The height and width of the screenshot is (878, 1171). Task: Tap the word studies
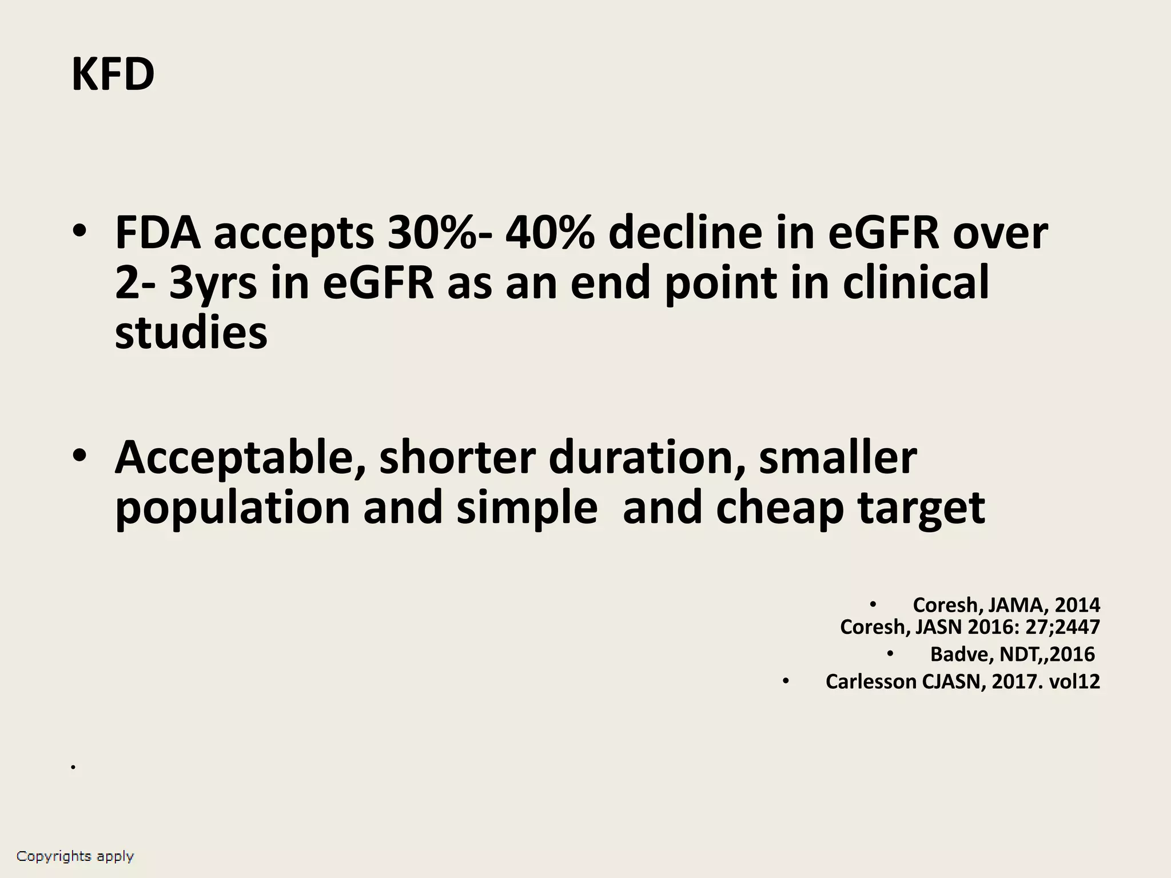click(x=191, y=332)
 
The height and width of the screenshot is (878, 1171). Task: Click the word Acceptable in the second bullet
click(x=240, y=457)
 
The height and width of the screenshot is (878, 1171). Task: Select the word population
click(x=232, y=507)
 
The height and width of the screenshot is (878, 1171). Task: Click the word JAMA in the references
click(x=1015, y=605)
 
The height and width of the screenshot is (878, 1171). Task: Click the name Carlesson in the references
click(x=871, y=681)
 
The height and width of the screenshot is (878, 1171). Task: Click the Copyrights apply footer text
click(x=75, y=856)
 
